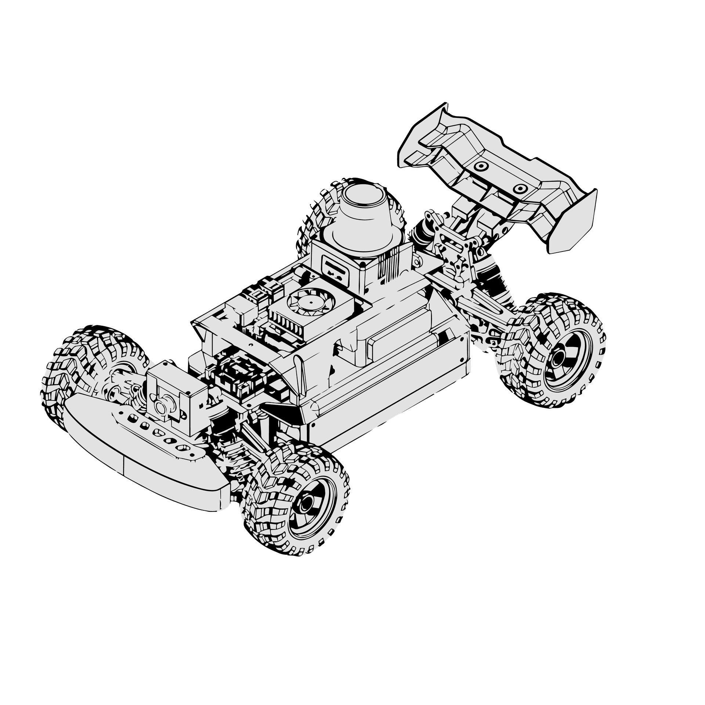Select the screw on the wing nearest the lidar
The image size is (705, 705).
pos(479,166)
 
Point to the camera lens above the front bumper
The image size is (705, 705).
pos(161,406)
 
